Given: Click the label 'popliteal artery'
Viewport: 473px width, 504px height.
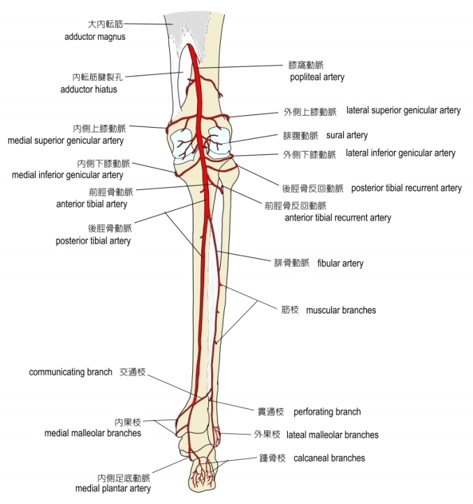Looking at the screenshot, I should tap(317, 77).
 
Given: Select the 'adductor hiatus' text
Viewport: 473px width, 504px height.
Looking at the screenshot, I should tap(89, 89).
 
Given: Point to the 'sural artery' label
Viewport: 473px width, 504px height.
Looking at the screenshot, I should tap(347, 135).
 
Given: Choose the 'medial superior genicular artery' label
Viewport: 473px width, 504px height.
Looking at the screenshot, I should tap(66, 140).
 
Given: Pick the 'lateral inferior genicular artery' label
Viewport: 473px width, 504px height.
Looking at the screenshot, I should tap(400, 153).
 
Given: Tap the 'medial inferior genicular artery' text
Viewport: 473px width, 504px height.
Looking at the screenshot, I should tap(67, 175).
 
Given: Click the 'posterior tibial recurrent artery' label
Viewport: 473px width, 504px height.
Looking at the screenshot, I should tap(406, 188).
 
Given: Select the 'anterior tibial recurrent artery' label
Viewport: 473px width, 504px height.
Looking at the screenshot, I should tap(337, 217).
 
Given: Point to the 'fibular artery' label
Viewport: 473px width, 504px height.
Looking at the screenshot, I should tap(340, 263).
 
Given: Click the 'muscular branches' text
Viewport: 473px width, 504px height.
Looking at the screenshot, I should tap(341, 309).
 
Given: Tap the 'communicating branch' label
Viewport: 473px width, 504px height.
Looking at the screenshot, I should tap(70, 372).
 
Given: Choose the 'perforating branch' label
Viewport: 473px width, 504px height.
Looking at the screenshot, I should tap(327, 412).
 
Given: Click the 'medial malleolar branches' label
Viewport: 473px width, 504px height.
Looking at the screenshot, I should tap(93, 433).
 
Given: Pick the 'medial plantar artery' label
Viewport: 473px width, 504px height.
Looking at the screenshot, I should tap(112, 488).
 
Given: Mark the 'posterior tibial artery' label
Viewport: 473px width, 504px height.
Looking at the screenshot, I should tap(93, 241).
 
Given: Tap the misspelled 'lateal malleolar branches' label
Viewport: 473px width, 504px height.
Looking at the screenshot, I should tap(333, 434).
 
